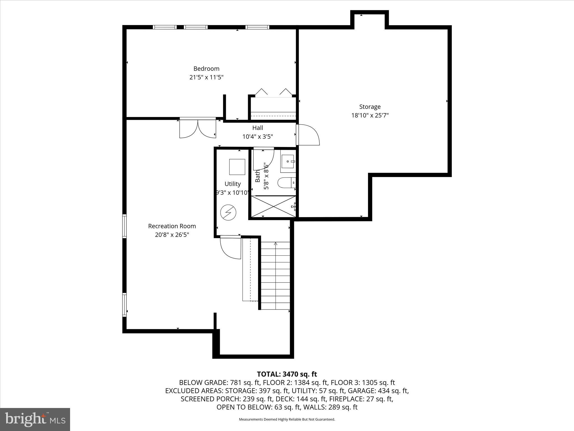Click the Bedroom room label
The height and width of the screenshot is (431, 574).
206,68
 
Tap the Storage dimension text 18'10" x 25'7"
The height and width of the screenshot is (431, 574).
370,115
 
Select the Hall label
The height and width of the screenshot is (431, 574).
258,128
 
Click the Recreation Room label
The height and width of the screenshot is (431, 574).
172,226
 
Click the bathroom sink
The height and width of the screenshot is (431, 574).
288,162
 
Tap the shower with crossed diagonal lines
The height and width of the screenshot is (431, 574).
273,206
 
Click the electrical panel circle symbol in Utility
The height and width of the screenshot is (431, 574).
228,213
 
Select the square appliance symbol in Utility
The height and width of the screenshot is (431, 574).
237,167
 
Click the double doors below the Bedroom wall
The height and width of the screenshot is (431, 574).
198,129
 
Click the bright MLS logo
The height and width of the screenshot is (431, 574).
35,419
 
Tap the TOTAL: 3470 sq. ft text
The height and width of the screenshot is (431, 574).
287,374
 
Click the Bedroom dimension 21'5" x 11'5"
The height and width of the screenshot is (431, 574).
206,77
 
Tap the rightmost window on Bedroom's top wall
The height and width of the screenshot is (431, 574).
257,27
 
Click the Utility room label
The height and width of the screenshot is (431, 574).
232,184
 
